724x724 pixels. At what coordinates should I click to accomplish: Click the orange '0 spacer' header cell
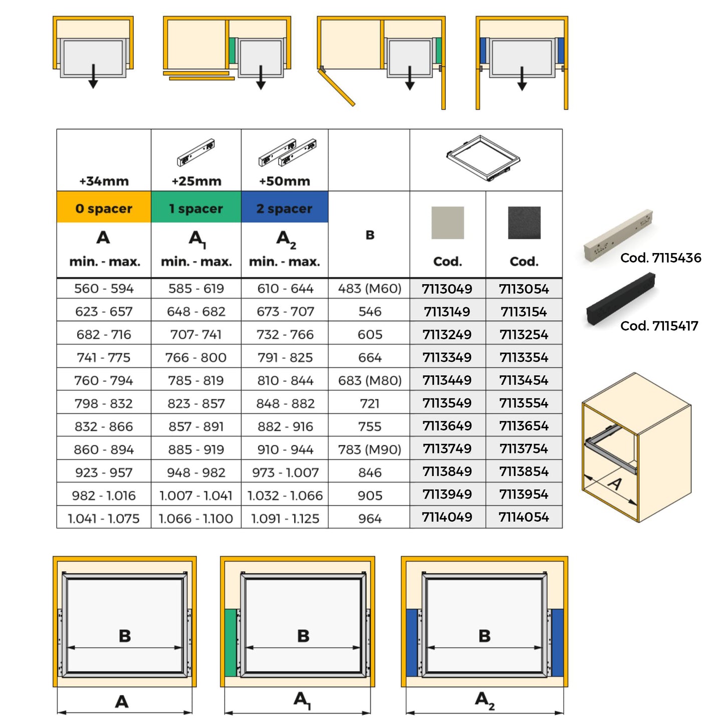click(x=104, y=208)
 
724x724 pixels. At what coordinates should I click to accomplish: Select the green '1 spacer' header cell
click(x=196, y=208)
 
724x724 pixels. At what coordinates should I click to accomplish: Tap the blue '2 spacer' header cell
click(x=285, y=208)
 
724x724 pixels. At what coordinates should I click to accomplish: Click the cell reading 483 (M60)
click(x=370, y=289)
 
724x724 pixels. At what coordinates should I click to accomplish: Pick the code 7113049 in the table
click(x=447, y=289)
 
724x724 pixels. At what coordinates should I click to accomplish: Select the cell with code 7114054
click(x=524, y=517)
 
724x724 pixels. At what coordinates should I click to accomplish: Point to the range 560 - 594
click(x=104, y=289)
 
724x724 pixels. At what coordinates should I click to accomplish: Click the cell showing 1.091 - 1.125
click(x=285, y=519)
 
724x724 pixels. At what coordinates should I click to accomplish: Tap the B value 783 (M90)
click(x=370, y=449)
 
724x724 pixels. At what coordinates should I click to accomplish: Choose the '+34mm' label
click(x=104, y=181)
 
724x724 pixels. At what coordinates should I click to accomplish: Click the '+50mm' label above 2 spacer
click(x=285, y=181)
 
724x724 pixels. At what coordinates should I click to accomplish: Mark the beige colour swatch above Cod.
click(x=447, y=222)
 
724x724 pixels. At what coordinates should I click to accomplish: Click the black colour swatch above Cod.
click(x=524, y=222)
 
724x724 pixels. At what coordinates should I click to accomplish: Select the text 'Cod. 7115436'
click(x=660, y=258)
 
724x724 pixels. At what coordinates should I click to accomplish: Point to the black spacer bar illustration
click(x=620, y=298)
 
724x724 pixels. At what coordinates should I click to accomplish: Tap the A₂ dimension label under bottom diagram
click(x=485, y=700)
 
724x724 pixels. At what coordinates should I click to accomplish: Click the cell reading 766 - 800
click(x=196, y=358)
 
